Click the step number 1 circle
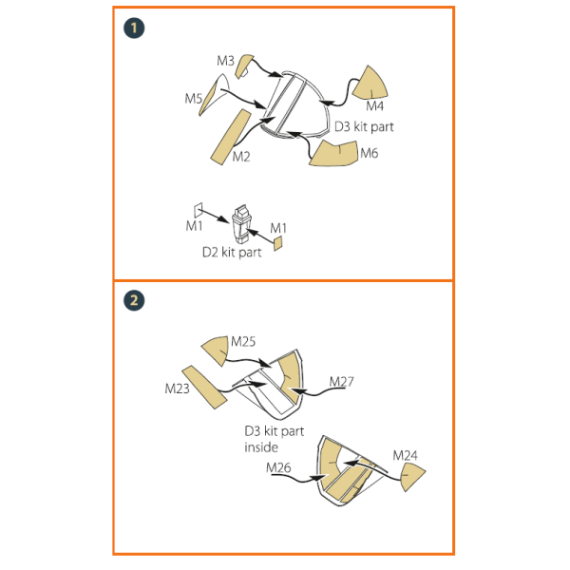click(134, 28)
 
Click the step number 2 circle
click(134, 300)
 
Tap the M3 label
click(225, 61)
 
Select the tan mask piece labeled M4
click(370, 84)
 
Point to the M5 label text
click(194, 98)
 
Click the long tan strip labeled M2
click(231, 137)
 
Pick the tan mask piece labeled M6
click(333, 154)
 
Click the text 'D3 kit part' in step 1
click(364, 127)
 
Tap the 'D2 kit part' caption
click(232, 253)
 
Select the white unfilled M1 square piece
click(199, 210)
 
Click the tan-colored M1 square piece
click(277, 243)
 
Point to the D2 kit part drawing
click(241, 224)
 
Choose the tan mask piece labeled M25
click(216, 351)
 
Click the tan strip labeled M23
click(204, 388)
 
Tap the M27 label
click(341, 382)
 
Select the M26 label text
click(278, 467)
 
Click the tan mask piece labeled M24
click(412, 478)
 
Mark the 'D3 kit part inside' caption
click(275, 439)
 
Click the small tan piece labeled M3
click(243, 66)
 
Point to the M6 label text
click(370, 153)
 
